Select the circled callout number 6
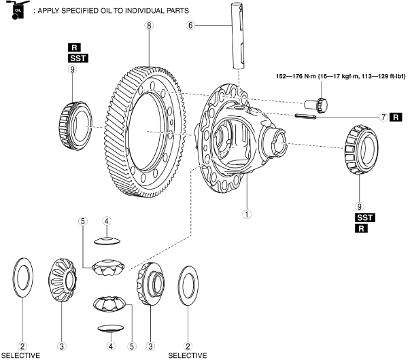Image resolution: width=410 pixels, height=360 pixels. point(191,25)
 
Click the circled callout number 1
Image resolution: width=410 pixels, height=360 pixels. point(247,212)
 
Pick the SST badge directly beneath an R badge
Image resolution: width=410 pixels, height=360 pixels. point(73,58)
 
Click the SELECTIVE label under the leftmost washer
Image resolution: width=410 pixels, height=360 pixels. point(20,355)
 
